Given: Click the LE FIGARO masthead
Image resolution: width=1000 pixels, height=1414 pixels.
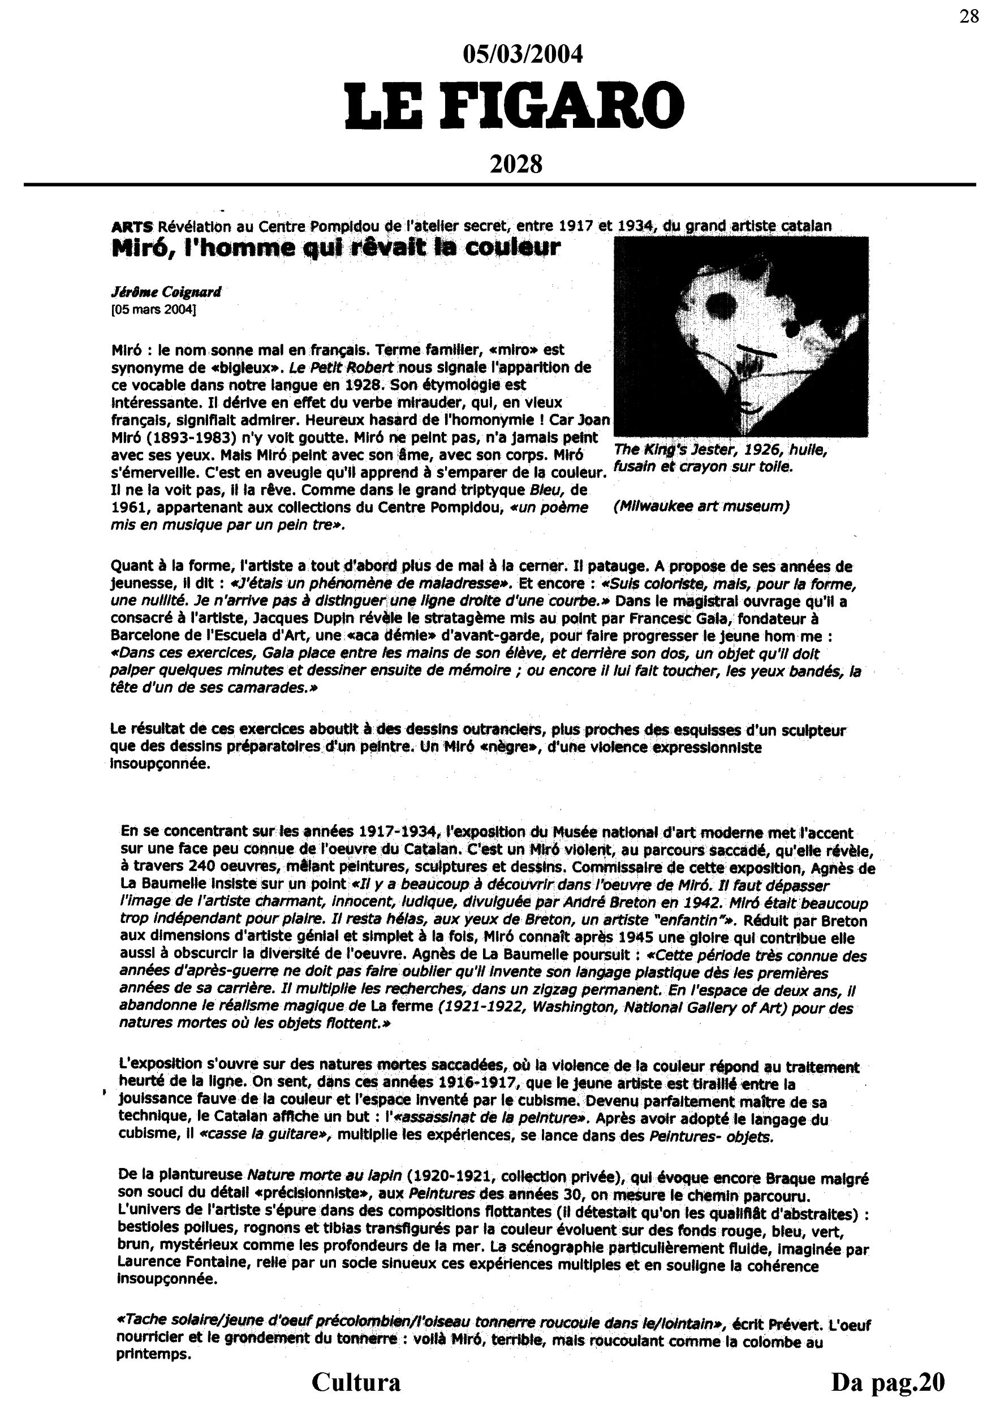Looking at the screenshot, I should pyautogui.click(x=514, y=106).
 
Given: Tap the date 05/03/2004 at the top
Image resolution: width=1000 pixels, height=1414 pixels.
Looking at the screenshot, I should pyautogui.click(x=522, y=55).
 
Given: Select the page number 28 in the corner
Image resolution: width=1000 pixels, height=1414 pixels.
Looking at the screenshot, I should pyautogui.click(x=968, y=16).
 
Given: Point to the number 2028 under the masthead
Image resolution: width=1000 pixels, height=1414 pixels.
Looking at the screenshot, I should pyautogui.click(x=515, y=165).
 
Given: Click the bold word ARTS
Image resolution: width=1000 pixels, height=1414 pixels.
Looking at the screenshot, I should pyautogui.click(x=132, y=226).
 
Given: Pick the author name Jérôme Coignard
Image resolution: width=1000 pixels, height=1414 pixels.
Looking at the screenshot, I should pyautogui.click(x=166, y=292).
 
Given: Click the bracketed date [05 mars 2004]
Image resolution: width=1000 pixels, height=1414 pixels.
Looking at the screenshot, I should pyautogui.click(x=153, y=309).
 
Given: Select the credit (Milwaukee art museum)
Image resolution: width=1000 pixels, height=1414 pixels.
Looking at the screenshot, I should pyautogui.click(x=701, y=506).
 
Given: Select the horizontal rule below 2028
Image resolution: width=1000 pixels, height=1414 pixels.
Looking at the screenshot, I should pyautogui.click(x=499, y=184).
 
